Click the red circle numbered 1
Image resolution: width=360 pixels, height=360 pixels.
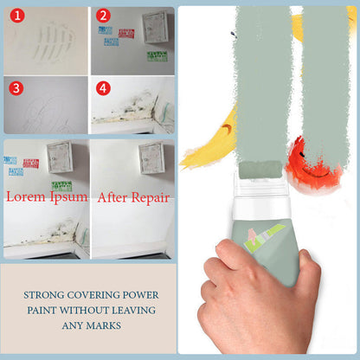(15, 16)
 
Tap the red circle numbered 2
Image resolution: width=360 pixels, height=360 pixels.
(103, 16)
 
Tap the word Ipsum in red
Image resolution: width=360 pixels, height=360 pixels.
(67, 196)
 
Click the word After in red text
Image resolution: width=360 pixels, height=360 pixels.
(111, 196)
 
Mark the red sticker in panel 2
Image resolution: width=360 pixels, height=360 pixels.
(126, 34)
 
